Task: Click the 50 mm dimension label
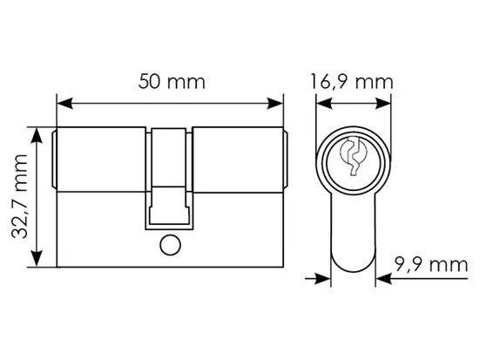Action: (x=172, y=82)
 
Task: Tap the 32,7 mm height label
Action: (x=19, y=196)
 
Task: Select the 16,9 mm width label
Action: (x=352, y=82)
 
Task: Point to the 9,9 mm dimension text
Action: (x=431, y=265)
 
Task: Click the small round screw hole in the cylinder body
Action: (x=171, y=245)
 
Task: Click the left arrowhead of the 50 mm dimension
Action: (x=64, y=104)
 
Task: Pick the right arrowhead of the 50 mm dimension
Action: (x=275, y=104)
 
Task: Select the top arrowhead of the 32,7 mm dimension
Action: (x=37, y=136)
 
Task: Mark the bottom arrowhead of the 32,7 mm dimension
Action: (x=37, y=259)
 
